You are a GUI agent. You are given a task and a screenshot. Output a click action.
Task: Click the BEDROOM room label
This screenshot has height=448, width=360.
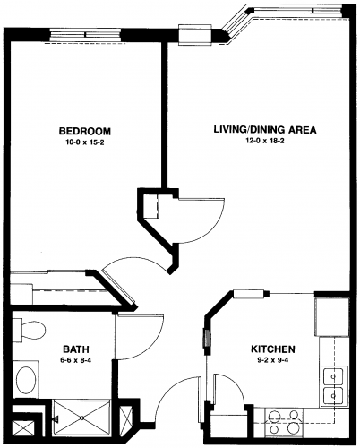tap(85, 131)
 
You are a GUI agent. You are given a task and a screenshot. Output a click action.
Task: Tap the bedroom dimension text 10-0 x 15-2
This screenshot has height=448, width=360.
tap(85, 142)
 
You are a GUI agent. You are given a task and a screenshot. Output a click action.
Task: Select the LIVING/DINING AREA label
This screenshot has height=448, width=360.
tap(265, 130)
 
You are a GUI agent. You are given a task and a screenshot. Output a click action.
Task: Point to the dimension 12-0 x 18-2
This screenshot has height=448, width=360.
tap(265, 141)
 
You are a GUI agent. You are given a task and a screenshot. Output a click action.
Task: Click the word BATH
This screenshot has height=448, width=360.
tap(76, 349)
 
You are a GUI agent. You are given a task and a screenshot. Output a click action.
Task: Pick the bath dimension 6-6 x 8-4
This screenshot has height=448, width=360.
tap(76, 360)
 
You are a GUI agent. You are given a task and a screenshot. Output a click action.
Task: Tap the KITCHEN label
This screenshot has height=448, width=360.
tap(273, 349)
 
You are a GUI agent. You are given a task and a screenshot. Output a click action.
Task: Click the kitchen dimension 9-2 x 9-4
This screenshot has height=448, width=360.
tap(273, 360)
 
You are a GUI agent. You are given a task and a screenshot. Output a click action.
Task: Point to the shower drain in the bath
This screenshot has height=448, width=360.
tap(81, 418)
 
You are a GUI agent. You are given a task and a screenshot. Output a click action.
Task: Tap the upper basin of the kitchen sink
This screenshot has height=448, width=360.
tap(333, 376)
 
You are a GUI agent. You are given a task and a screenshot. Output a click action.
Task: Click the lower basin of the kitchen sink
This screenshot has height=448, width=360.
tap(333, 396)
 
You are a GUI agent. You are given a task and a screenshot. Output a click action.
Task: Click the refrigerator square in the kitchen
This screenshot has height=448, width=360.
tap(331, 316)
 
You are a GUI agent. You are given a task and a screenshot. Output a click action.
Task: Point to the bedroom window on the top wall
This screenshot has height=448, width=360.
tap(85, 35)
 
